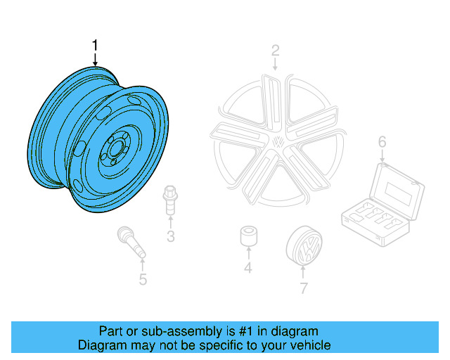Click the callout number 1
point(95,46)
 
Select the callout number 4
point(247,268)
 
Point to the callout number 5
point(143,281)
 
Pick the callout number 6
point(382,143)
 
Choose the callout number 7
point(303,288)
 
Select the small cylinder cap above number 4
point(247,236)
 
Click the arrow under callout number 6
point(382,156)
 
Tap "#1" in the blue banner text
point(224,331)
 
